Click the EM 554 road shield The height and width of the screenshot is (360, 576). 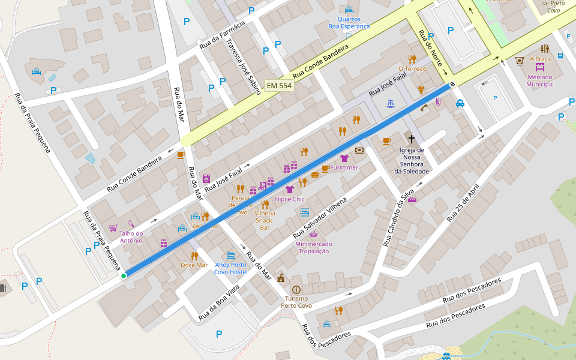pyautogui.click(x=279, y=86)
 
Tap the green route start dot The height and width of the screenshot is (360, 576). pyautogui.click(x=124, y=275)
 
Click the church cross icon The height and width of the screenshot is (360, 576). pyautogui.click(x=411, y=139)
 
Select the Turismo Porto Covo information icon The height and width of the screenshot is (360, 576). pyautogui.click(x=296, y=289)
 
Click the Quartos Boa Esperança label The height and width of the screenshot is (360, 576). pyautogui.click(x=349, y=22)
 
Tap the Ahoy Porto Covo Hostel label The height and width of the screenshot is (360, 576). pyautogui.click(x=231, y=268)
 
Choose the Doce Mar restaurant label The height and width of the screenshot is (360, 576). pyautogui.click(x=194, y=265)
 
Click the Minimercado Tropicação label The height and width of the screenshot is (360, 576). pyautogui.click(x=313, y=247)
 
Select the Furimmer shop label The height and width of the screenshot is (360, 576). pyautogui.click(x=344, y=167)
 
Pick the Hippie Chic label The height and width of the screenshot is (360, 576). pyautogui.click(x=290, y=199)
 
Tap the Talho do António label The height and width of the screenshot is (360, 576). pyautogui.click(x=131, y=237)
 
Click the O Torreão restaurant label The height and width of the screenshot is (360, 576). pyautogui.click(x=412, y=68)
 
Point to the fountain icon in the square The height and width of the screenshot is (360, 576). pyautogui.click(x=391, y=103)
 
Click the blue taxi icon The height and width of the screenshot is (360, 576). pyautogui.click(x=460, y=103)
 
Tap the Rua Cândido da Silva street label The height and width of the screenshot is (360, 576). pyautogui.click(x=399, y=217)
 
